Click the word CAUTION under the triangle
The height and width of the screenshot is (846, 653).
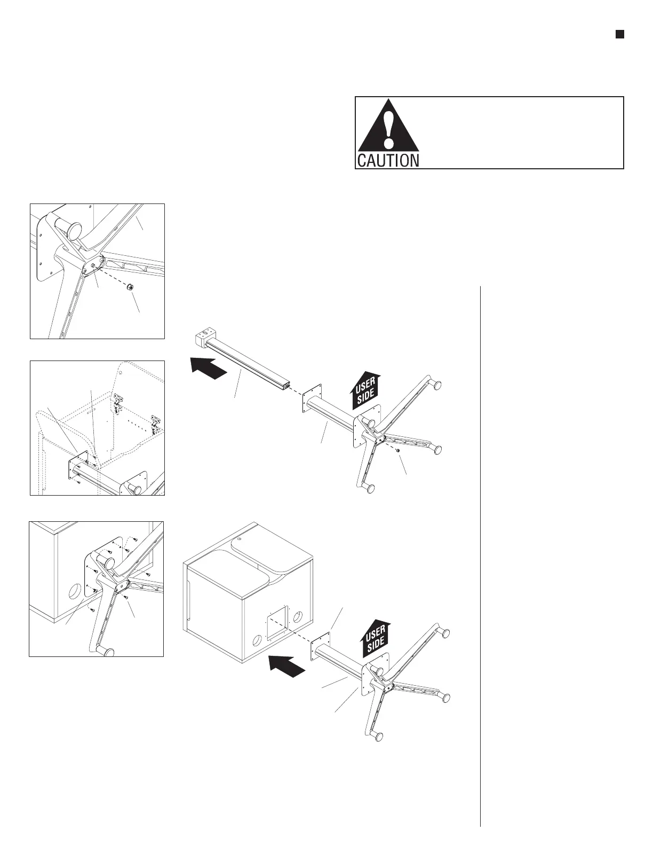click(388, 160)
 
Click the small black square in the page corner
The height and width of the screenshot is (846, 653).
click(619, 34)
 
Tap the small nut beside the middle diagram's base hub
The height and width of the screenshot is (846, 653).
click(398, 451)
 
